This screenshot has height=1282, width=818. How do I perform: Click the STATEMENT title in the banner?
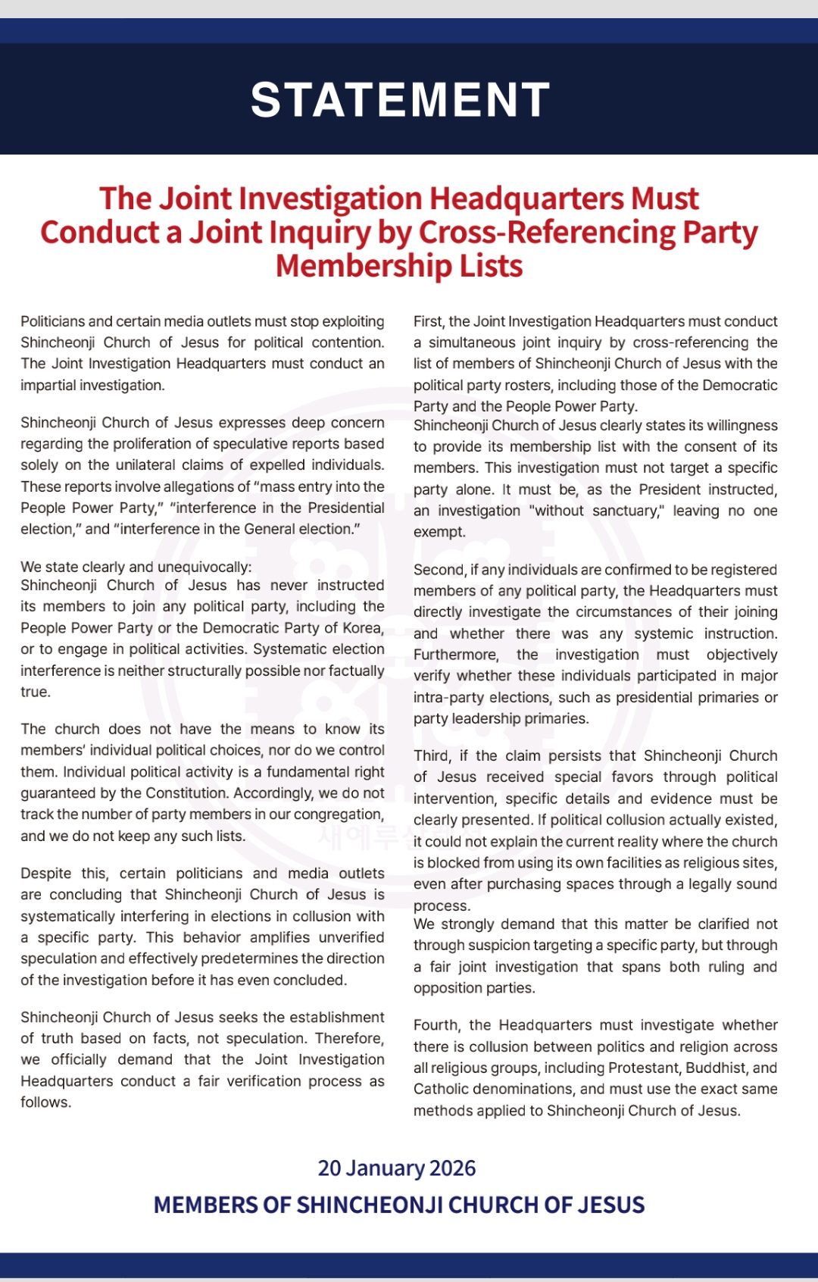(400, 100)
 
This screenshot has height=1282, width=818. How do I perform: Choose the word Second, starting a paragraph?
(438, 570)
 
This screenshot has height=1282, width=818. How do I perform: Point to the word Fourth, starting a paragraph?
(437, 1025)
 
